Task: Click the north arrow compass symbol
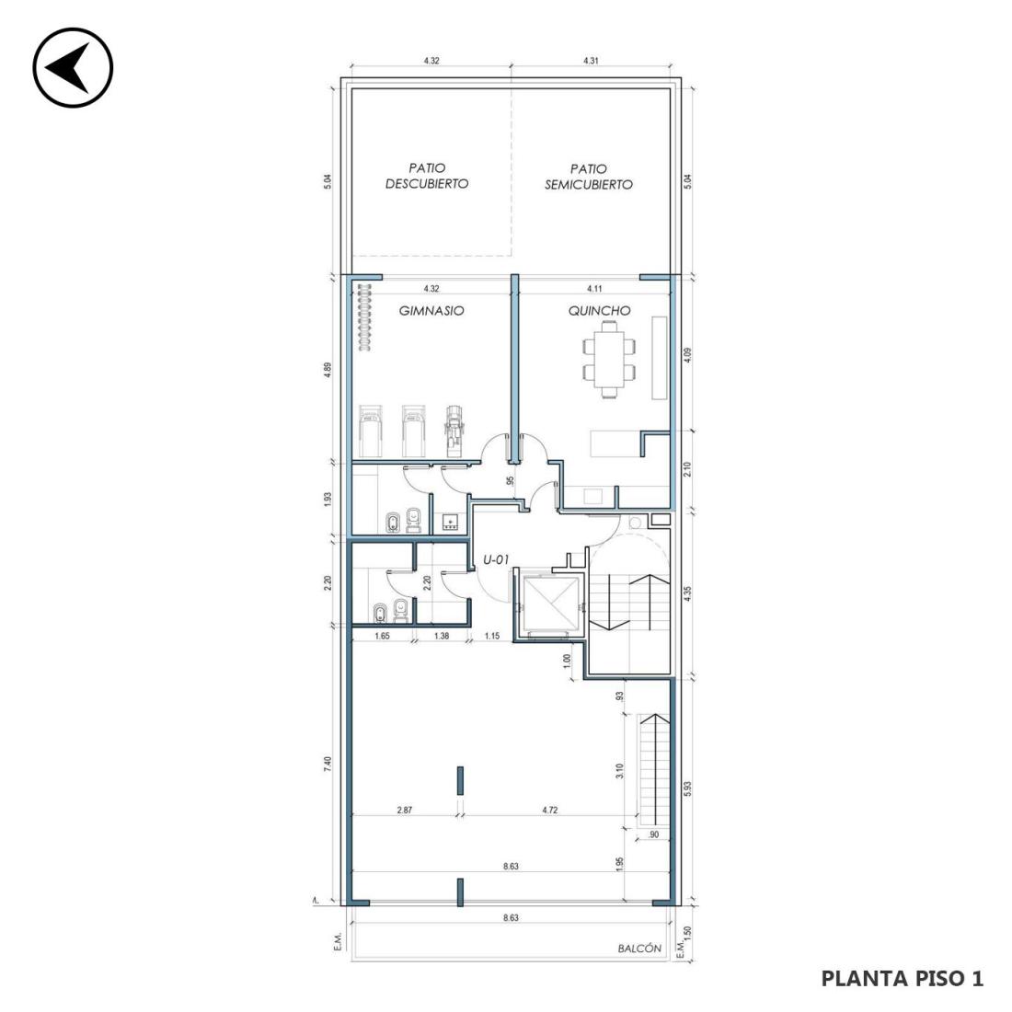pyautogui.click(x=73, y=67)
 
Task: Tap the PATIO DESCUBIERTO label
pyautogui.click(x=427, y=177)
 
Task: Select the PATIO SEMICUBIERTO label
pyautogui.click(x=589, y=177)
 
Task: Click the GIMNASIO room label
pyautogui.click(x=431, y=310)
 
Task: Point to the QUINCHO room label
pyautogui.click(x=599, y=310)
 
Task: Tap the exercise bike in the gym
pyautogui.click(x=454, y=431)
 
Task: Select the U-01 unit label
pyautogui.click(x=496, y=560)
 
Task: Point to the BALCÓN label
pyautogui.click(x=639, y=949)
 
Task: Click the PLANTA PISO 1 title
pyautogui.click(x=903, y=978)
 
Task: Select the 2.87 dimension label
pyautogui.click(x=405, y=810)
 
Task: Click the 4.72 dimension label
pyautogui.click(x=549, y=810)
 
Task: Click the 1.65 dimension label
pyautogui.click(x=382, y=636)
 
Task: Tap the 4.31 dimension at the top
pyautogui.click(x=591, y=61)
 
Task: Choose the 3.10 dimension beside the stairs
pyautogui.click(x=619, y=772)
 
